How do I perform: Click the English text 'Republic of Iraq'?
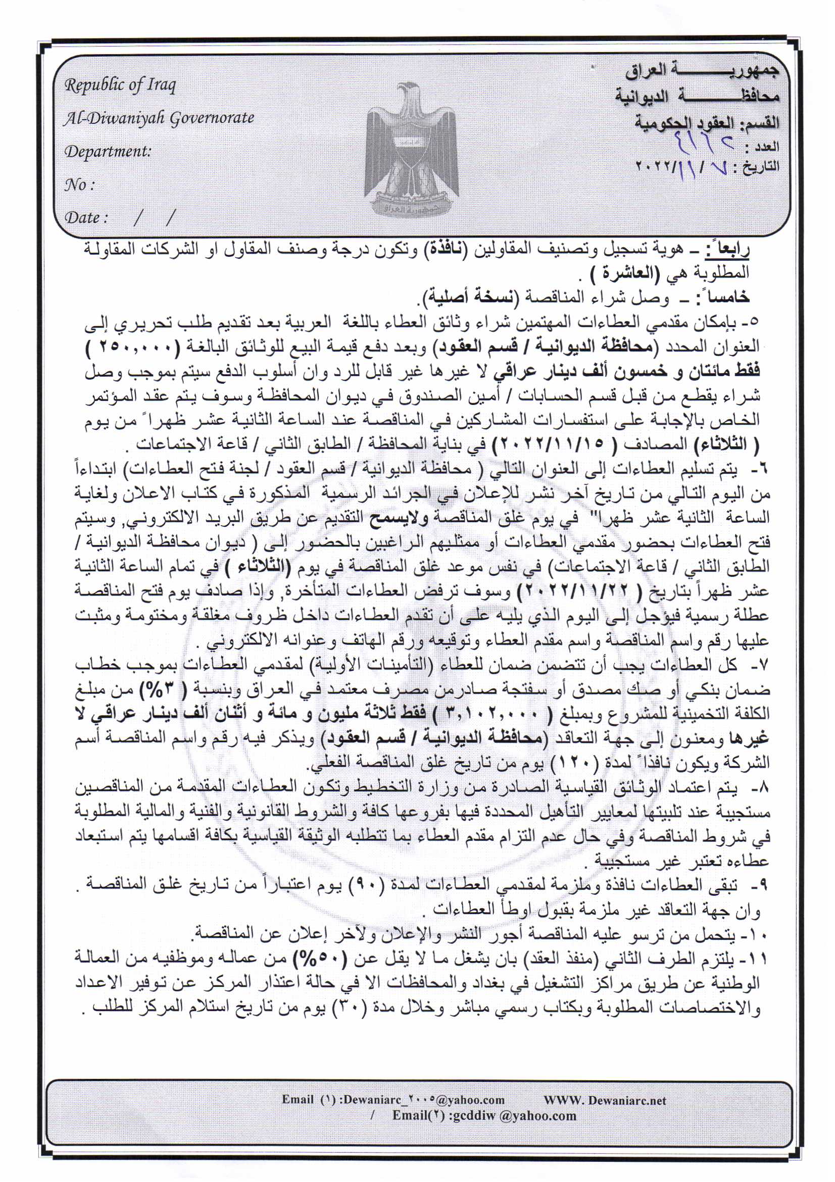tap(120, 85)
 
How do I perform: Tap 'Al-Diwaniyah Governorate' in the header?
tap(159, 118)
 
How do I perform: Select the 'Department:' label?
tap(108, 151)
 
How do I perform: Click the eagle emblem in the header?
tap(411, 149)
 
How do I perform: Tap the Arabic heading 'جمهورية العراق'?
tap(702, 71)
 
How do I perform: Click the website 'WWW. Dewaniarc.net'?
tap(605, 1101)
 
